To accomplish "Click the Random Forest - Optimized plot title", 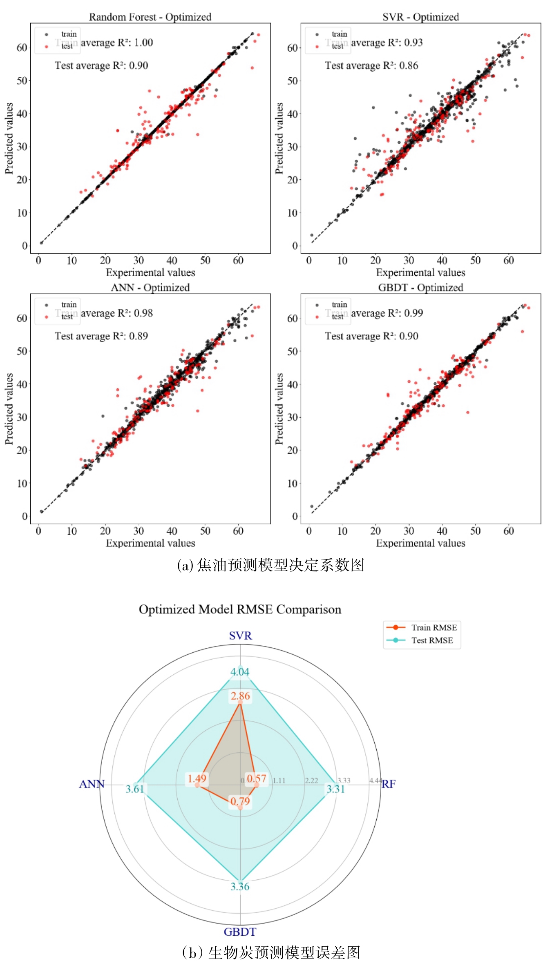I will pos(150,17).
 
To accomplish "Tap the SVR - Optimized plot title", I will pos(420,17).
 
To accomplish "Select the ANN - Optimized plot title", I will pos(150,288).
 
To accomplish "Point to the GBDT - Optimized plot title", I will pos(420,288).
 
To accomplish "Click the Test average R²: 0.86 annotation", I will pos(371,66).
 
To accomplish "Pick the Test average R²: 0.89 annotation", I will pos(101,336).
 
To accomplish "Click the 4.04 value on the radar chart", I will pos(240,672).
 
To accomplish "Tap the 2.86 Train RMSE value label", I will pos(240,696).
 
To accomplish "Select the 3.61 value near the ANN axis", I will pos(135,789).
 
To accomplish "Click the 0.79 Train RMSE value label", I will pos(240,801).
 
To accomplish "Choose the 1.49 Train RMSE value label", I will pos(197,779).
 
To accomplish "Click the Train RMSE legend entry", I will pos(434,628).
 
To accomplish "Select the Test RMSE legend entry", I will pos(432,640).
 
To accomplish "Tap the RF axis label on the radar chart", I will pos(389,784).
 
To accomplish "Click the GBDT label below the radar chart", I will pos(240,932).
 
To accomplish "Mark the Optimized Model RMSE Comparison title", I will pos(240,609).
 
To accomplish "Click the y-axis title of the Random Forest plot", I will pos(9,138).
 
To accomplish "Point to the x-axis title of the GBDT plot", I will pos(420,543).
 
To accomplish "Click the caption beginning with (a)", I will pos(270,565).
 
